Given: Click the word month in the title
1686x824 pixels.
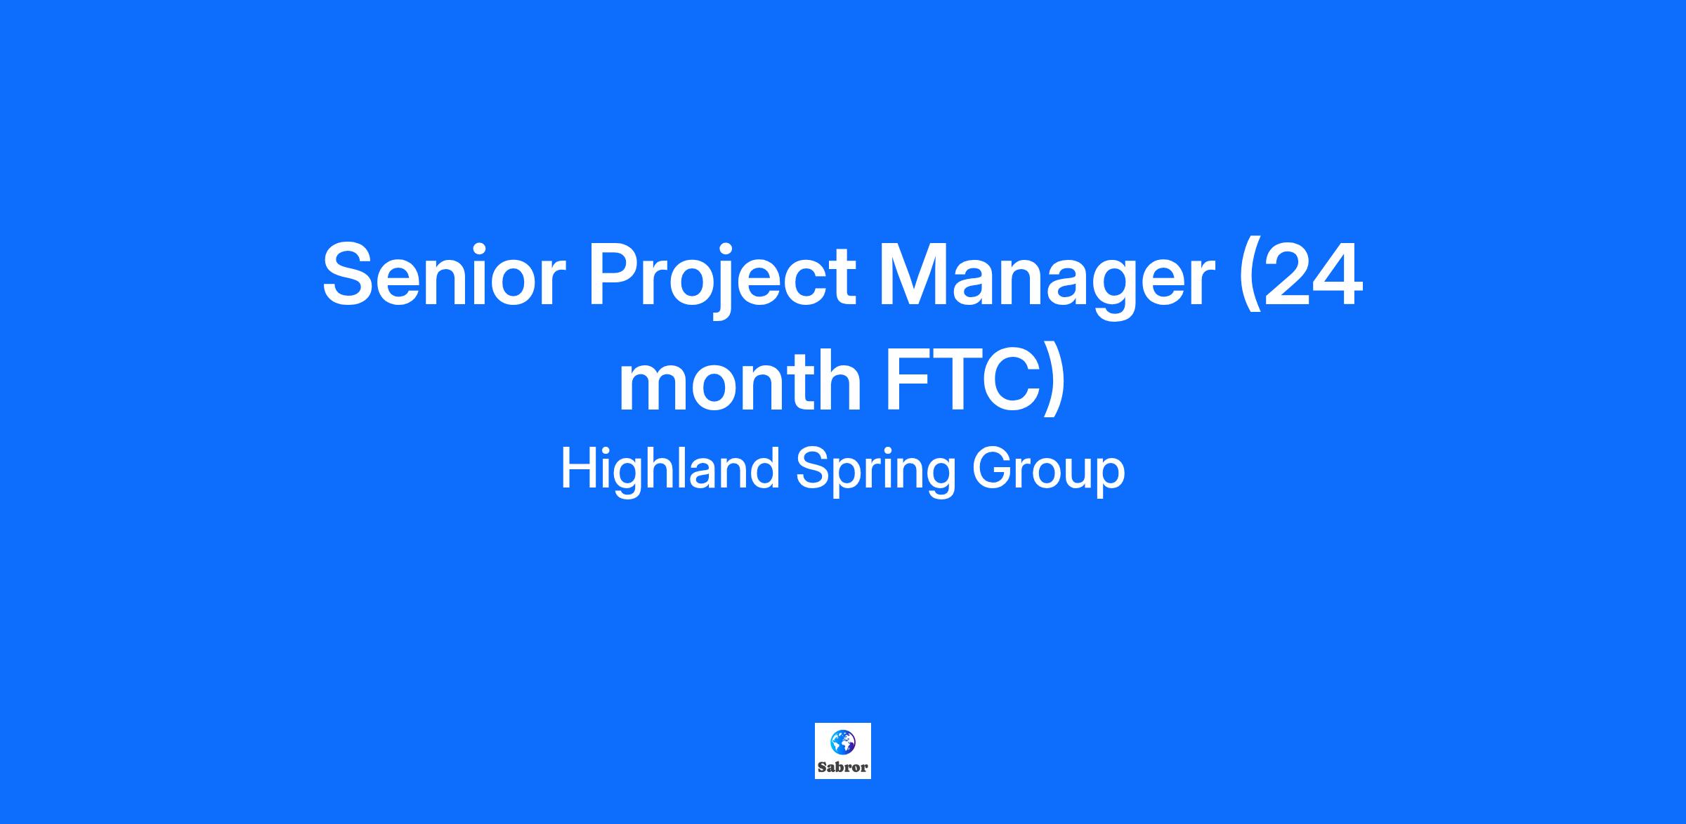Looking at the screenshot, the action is (x=740, y=380).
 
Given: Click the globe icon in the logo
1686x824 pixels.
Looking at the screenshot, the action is (x=842, y=742).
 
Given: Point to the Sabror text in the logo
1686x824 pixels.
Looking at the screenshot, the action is (x=842, y=768).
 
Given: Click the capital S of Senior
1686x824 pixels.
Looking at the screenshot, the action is (x=351, y=274).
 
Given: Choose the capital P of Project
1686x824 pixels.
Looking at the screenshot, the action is (x=615, y=274).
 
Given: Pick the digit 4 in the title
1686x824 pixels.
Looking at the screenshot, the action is (x=1338, y=274).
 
